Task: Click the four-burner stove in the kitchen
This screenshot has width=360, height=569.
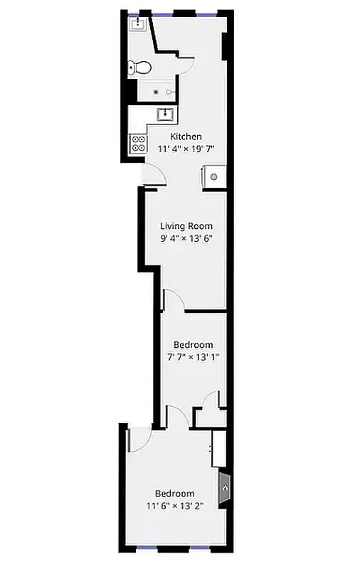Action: pos(137,144)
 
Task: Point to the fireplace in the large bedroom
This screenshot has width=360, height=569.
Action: pos(223,489)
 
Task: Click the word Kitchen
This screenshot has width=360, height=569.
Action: pos(186,137)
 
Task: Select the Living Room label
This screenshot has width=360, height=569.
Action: pos(186,226)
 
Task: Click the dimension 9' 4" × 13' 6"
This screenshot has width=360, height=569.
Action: pos(186,239)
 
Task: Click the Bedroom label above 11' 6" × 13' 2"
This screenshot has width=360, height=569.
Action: pos(175,494)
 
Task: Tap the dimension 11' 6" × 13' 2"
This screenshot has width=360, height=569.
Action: pos(175,506)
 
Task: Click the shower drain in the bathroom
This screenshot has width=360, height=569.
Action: pos(155,92)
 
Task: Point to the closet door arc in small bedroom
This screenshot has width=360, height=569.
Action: pos(211,400)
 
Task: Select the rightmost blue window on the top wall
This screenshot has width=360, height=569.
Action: pos(207,13)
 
